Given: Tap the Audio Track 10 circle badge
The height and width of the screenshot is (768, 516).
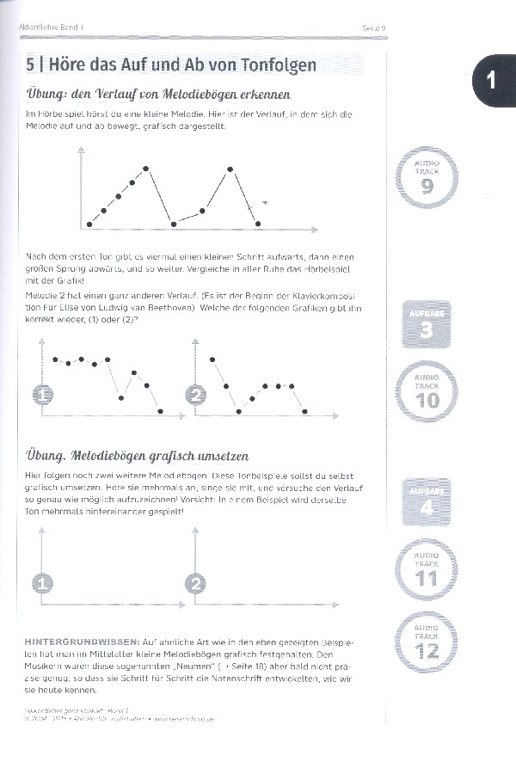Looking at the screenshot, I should click(x=427, y=390).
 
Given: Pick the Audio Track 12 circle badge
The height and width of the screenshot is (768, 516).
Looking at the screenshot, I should click(x=427, y=642).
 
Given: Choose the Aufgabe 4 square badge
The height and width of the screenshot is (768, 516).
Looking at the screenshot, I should click(x=427, y=501).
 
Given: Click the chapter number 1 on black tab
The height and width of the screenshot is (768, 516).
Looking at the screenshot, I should click(x=491, y=81).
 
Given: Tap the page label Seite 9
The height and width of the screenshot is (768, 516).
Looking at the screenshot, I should click(x=372, y=28).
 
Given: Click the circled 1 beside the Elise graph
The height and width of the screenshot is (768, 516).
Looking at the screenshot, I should click(x=43, y=396).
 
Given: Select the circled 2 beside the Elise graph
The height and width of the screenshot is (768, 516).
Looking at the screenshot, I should click(x=196, y=396).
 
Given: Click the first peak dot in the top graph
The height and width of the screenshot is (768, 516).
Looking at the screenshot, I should click(x=146, y=169).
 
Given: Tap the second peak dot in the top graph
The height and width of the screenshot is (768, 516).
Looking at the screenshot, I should click(x=230, y=169).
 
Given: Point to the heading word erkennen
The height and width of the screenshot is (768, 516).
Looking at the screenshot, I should click(x=262, y=94).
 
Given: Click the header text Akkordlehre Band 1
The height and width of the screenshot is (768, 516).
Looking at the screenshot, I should click(x=52, y=28).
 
